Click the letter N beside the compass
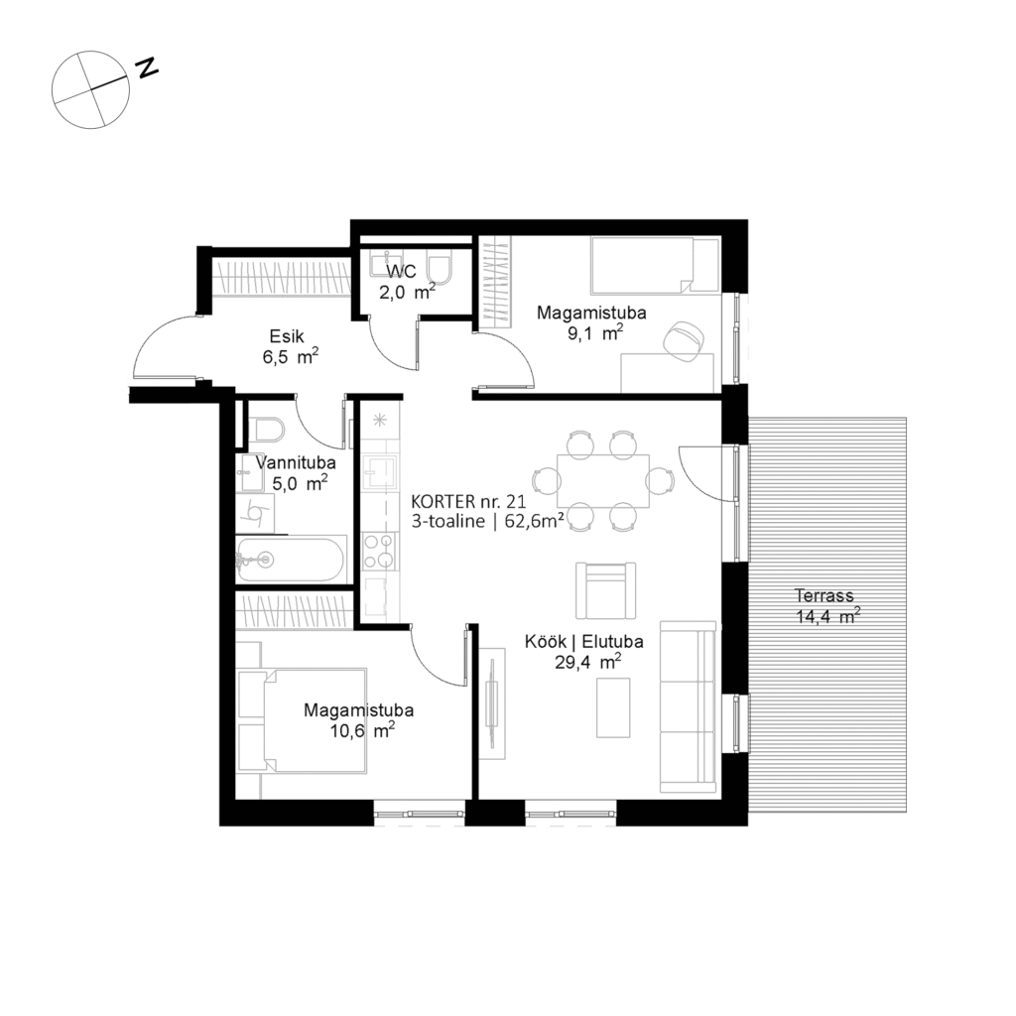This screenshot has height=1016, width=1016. [147, 68]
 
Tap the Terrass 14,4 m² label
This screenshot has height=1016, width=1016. [826, 606]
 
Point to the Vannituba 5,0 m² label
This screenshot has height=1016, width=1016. [296, 473]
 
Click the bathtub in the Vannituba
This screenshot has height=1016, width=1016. [290, 560]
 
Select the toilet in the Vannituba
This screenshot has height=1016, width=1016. [267, 430]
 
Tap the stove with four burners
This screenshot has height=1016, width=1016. [379, 550]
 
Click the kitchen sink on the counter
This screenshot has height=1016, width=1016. [379, 474]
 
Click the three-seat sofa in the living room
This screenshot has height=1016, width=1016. [688, 707]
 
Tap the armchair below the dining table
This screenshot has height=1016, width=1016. [605, 590]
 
